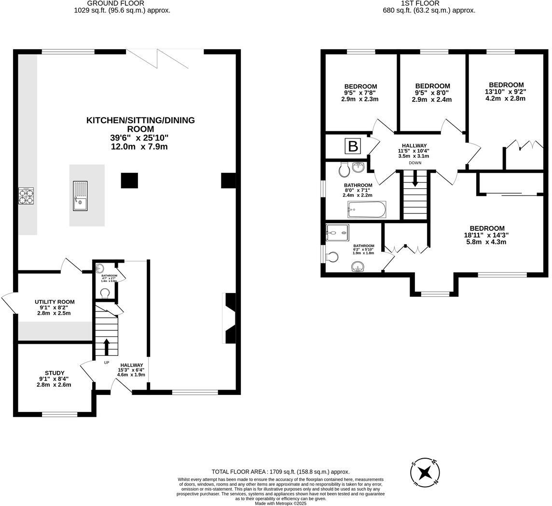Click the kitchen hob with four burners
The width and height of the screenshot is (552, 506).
pyautogui.click(x=26, y=196)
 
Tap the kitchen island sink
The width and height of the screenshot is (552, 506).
pyautogui.click(x=80, y=196)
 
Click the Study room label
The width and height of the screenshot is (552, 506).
pyautogui.click(x=55, y=373)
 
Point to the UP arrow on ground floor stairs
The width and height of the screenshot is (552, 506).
pyautogui.click(x=106, y=347)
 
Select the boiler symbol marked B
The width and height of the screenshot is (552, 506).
pyautogui.click(x=352, y=146)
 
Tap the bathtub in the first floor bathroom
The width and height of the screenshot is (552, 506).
pyautogui.click(x=367, y=210)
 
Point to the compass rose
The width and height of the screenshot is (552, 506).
pyautogui.click(x=425, y=471)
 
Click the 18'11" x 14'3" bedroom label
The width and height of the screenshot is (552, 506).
pyautogui.click(x=487, y=228)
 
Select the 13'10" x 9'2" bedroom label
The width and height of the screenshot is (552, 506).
pyautogui.click(x=506, y=85)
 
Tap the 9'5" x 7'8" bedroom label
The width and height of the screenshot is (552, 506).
pyautogui.click(x=360, y=87)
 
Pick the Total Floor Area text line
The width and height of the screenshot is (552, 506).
pyautogui.click(x=280, y=472)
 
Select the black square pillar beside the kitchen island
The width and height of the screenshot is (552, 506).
pyautogui.click(x=129, y=181)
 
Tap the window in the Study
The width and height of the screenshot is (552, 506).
pyautogui.click(x=59, y=414)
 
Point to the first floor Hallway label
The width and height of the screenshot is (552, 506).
pyautogui.click(x=414, y=145)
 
